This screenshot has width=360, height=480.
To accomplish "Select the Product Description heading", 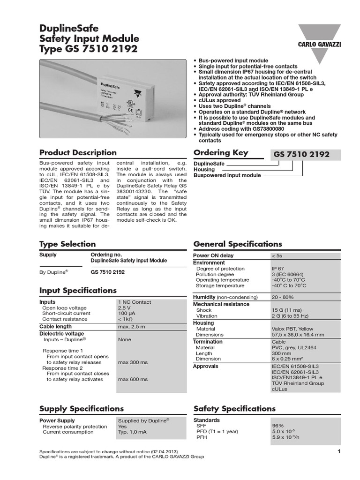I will tap(78, 152).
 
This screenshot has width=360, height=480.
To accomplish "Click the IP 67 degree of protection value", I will tap(277, 269).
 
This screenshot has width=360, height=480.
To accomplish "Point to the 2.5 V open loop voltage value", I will tap(124, 308).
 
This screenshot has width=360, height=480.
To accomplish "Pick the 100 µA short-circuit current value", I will tap(126, 314).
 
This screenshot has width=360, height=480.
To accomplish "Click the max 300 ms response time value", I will tap(133, 362).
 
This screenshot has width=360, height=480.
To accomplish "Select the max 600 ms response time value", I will tap(133, 379).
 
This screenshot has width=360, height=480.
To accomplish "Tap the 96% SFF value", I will tap(278, 426).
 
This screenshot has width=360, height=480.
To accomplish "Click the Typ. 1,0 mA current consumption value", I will tap(133, 432).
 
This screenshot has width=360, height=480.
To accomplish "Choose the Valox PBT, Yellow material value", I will tap(292, 329).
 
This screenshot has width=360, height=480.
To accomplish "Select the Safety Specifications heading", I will tap(234, 409).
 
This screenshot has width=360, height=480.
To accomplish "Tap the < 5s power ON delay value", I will tap(277, 256).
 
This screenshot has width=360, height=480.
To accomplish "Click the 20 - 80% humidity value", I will tap(283, 297).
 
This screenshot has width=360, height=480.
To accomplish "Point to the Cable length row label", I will tap(55, 326).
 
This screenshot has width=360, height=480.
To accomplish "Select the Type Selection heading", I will tap(67, 244).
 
